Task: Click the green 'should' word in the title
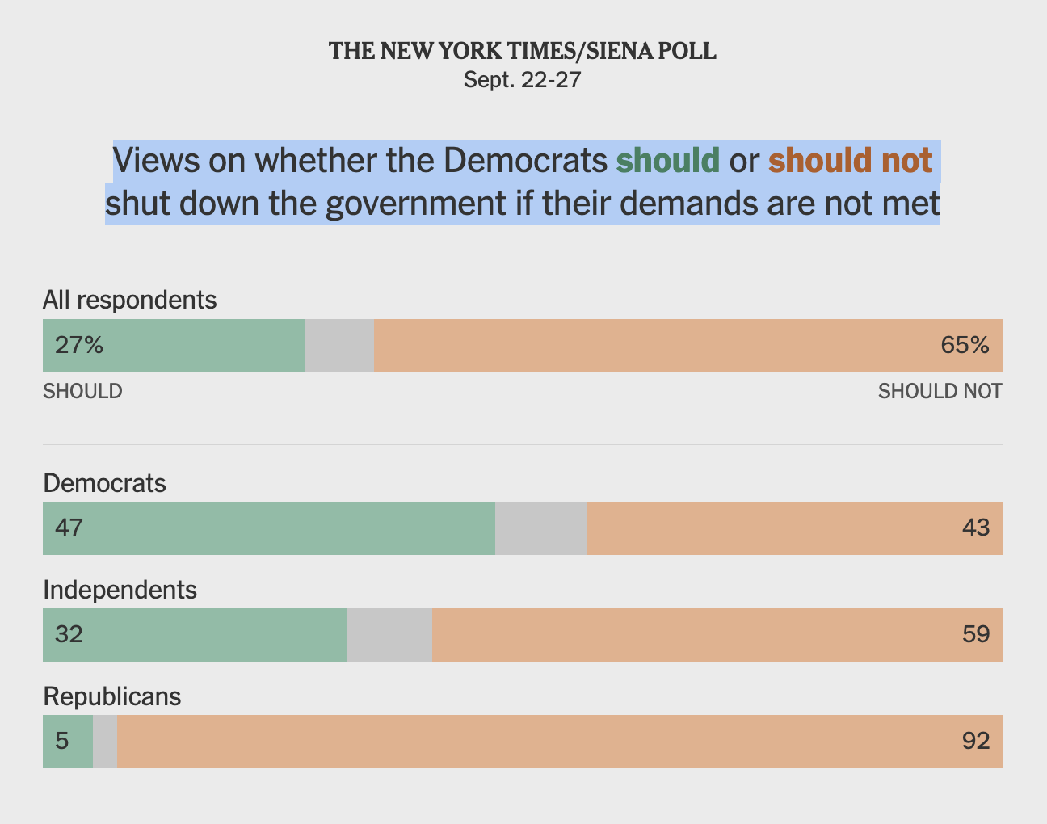coord(667,160)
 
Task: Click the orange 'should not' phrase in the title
coord(850,160)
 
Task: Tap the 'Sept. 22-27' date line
coord(523,80)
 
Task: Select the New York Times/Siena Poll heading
coord(523,51)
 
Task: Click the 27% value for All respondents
coord(79,346)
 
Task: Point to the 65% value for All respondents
coord(965,346)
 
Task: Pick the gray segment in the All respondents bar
coord(339,346)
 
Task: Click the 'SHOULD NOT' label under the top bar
coord(940,391)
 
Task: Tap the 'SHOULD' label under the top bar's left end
coord(82,391)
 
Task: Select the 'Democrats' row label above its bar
coord(104,483)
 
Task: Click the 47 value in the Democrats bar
coord(69,528)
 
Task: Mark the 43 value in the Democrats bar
coord(976,528)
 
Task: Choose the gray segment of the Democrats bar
coord(541,528)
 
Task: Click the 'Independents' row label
coord(120,590)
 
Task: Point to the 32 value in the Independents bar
coord(69,634)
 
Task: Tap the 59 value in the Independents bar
coord(976,634)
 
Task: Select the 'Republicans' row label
coord(111,696)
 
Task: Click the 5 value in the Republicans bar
coord(62,741)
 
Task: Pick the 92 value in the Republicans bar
coord(976,741)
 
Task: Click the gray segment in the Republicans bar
coord(105,741)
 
